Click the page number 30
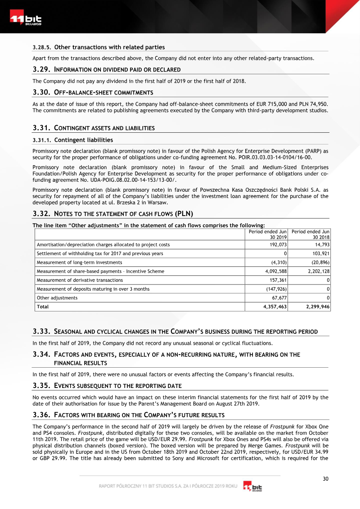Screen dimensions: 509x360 [325, 478]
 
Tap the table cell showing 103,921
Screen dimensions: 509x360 [319, 253]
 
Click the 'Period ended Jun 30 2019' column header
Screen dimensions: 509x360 [268, 234]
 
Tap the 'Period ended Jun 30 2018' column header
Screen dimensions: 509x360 [310, 234]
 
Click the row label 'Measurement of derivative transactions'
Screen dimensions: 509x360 [76, 280]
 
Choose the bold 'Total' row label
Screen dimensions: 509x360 [42, 306]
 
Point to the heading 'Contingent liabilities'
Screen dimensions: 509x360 [83, 140]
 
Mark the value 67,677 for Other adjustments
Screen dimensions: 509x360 [277, 297]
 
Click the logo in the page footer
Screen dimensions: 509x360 [252, 487]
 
